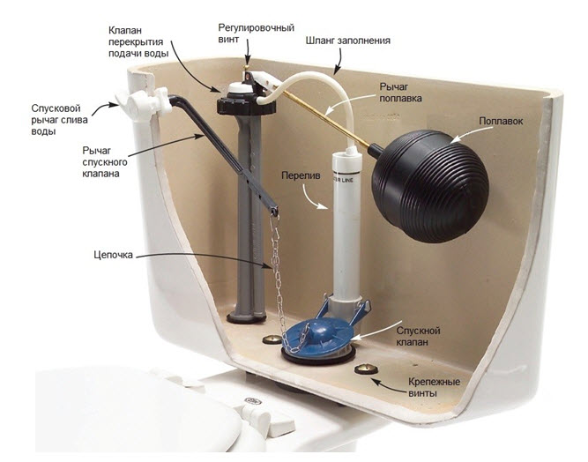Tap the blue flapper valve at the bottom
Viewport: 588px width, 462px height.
coord(318,334)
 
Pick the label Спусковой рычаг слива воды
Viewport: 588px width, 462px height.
coord(53,119)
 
